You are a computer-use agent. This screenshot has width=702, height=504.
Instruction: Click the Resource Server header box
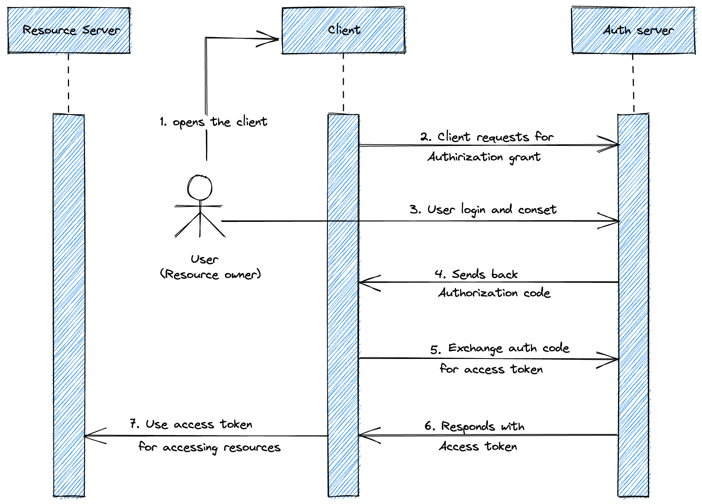[x=69, y=30]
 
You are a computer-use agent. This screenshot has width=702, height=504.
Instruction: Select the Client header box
[x=343, y=30]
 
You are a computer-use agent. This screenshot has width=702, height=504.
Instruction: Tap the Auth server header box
[x=633, y=30]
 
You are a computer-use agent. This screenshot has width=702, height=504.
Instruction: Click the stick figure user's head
[x=200, y=187]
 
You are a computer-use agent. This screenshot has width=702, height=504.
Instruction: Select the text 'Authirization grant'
[x=484, y=157]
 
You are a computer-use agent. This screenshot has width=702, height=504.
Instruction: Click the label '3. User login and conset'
[x=483, y=210]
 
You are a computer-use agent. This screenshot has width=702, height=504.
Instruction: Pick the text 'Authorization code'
[x=494, y=293]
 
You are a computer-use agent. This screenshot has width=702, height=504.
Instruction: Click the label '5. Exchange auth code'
[x=500, y=349]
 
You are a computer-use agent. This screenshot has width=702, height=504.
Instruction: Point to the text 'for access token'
[x=491, y=369]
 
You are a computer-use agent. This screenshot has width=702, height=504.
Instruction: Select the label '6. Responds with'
[x=475, y=426]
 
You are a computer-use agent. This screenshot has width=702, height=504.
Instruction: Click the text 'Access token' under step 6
[x=478, y=446]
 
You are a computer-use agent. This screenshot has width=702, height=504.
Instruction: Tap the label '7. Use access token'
[x=191, y=424]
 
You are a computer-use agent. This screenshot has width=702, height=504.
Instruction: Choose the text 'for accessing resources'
[x=209, y=447]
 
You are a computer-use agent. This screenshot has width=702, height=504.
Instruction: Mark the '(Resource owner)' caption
[x=210, y=274]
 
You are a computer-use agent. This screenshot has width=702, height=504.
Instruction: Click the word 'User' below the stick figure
[x=204, y=259]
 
